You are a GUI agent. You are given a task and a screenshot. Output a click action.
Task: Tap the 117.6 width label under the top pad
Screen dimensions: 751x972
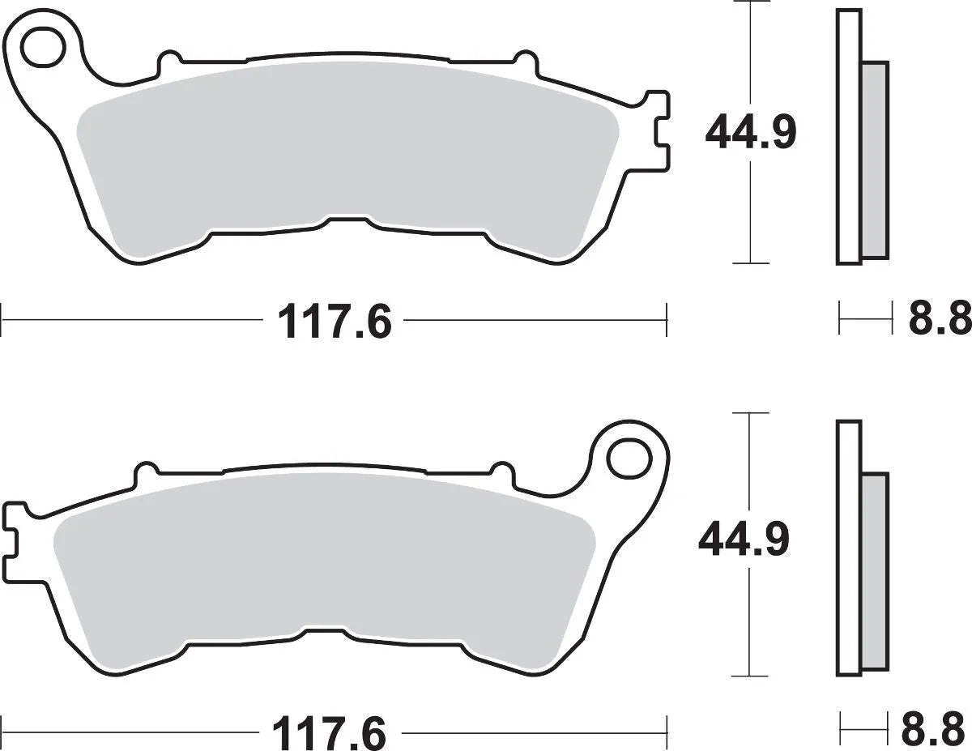[x=334, y=322]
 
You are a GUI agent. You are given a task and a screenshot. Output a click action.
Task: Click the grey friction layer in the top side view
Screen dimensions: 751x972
[x=875, y=158]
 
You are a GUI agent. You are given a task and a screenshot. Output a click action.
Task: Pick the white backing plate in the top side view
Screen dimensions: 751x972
[x=848, y=136]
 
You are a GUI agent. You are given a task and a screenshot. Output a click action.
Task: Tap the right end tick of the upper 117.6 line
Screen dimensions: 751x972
[x=666, y=319]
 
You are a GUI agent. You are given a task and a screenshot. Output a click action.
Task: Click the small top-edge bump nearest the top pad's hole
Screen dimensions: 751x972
[x=170, y=60]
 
